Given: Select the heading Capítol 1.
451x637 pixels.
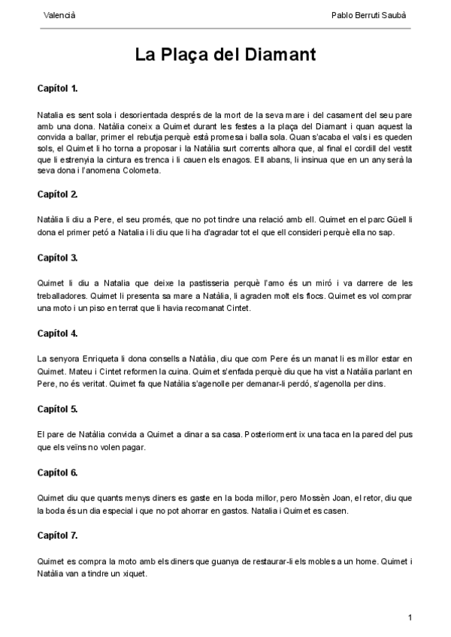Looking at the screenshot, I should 58,89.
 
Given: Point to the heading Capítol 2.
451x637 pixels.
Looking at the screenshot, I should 58,194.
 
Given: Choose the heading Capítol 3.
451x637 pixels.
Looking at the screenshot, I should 58,258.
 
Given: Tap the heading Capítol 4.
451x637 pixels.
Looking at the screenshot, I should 58,333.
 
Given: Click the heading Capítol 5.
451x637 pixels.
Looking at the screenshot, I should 58,409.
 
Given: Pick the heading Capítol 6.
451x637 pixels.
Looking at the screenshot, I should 58,472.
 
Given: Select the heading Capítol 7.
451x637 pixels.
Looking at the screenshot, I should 58,536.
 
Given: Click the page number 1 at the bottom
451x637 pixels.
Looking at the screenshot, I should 410,617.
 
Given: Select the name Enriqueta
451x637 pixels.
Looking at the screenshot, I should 92,358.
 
